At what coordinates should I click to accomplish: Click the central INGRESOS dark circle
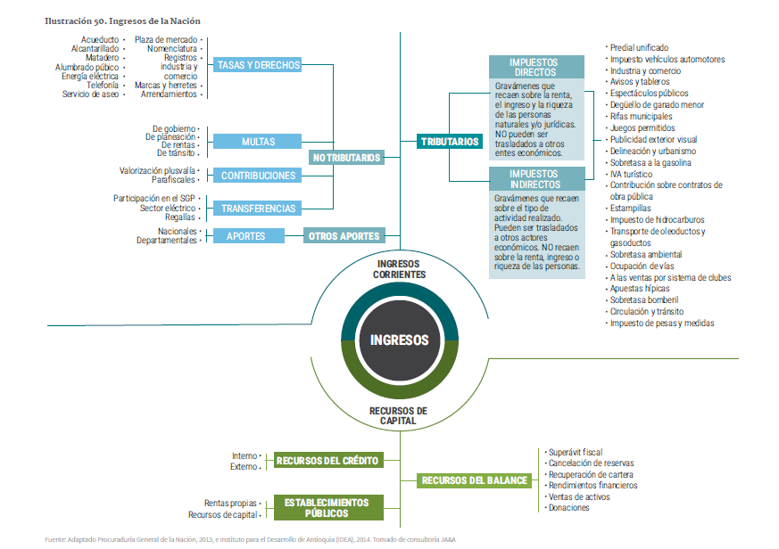pyautogui.click(x=399, y=340)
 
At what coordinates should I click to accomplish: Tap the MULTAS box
pyautogui.click(x=257, y=142)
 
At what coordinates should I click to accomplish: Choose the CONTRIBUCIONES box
pyautogui.click(x=258, y=176)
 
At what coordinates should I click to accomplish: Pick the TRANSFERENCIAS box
pyautogui.click(x=258, y=209)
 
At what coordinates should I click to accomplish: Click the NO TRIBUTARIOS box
pyautogui.click(x=345, y=158)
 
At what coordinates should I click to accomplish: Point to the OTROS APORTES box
pyautogui.click(x=344, y=236)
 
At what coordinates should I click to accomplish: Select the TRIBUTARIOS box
pyautogui.click(x=451, y=141)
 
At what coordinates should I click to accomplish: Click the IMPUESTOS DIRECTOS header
pyautogui.click(x=534, y=68)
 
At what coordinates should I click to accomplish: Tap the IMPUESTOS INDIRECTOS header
pyautogui.click(x=535, y=178)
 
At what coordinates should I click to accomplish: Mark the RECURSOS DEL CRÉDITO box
pyautogui.click(x=327, y=461)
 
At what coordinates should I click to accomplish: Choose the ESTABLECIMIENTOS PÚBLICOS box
pyautogui.click(x=327, y=508)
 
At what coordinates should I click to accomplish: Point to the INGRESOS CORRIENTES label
pyautogui.click(x=401, y=269)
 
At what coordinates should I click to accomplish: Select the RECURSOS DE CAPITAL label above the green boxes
pyautogui.click(x=398, y=415)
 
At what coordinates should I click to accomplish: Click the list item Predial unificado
pyautogui.click(x=639, y=47)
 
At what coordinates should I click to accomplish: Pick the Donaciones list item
pyautogui.click(x=568, y=508)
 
